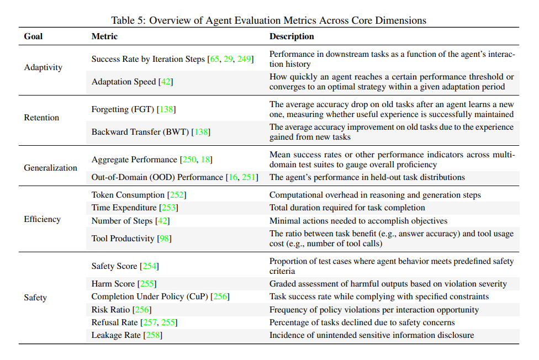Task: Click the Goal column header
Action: pyautogui.click(x=33, y=36)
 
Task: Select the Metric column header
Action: pyautogui.click(x=104, y=36)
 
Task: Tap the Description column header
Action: pyautogui.click(x=292, y=36)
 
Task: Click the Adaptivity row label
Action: pyautogui.click(x=43, y=67)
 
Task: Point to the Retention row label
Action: pyautogui.click(x=41, y=118)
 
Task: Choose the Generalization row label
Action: pyautogui.click(x=50, y=168)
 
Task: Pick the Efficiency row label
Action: pyautogui.click(x=42, y=219)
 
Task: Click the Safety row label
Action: pyautogui.click(x=35, y=298)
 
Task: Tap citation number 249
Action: pyautogui.click(x=244, y=59)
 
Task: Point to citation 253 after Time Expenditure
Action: pyautogui.click(x=168, y=208)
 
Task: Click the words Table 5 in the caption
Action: pyautogui.click(x=128, y=20)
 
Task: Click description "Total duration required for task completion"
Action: pyautogui.click(x=347, y=208)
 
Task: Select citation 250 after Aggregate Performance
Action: pyautogui.click(x=189, y=160)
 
